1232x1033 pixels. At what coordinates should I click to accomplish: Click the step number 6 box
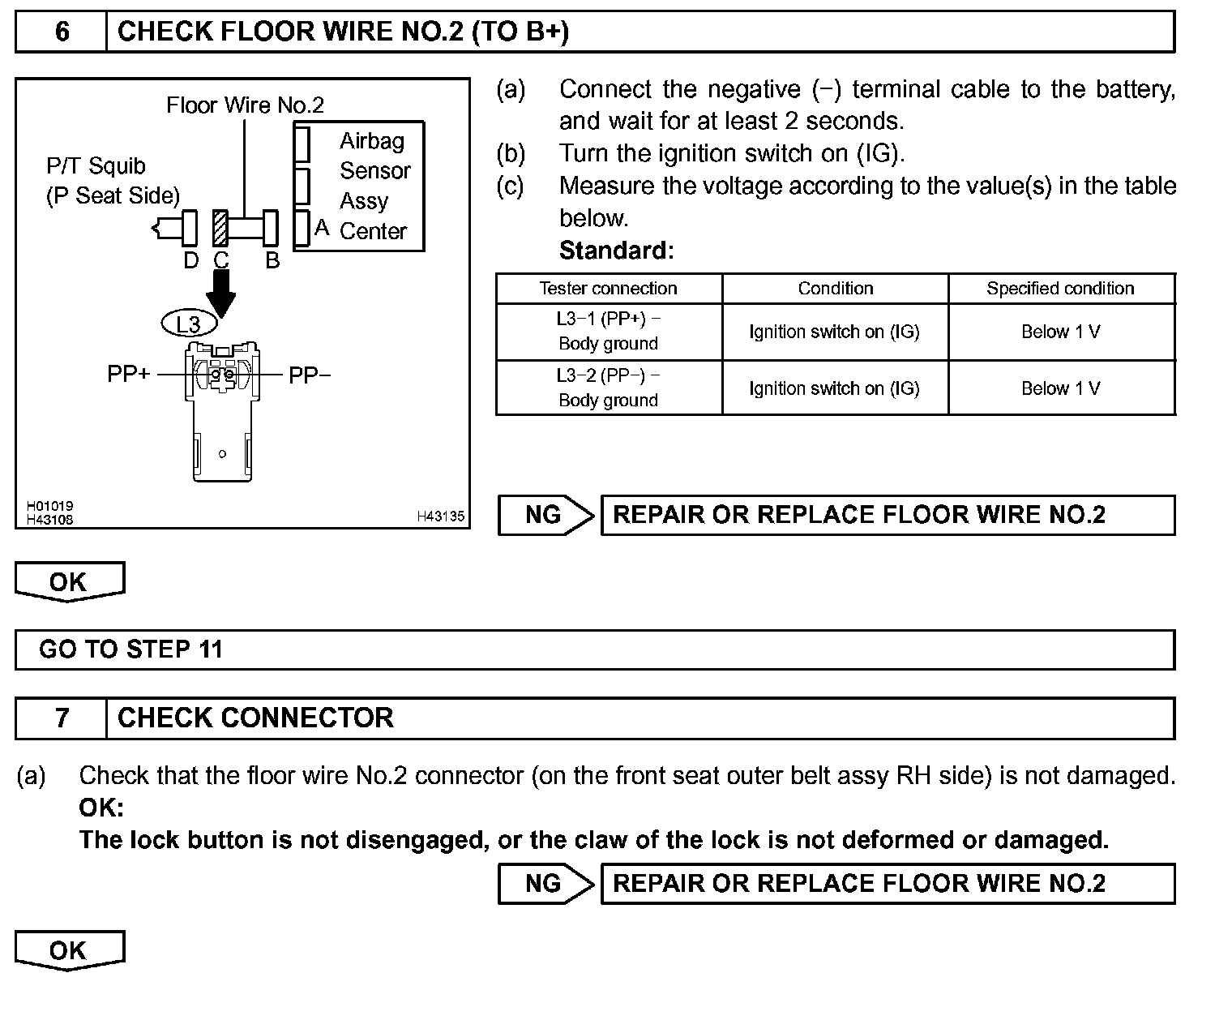(62, 32)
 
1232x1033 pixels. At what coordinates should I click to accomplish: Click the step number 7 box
(62, 718)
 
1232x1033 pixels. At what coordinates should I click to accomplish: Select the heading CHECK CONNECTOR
(255, 718)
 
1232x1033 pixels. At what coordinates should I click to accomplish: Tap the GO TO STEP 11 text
(130, 649)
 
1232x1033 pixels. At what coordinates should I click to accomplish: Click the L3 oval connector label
(189, 324)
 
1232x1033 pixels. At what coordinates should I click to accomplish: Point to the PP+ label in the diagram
(128, 375)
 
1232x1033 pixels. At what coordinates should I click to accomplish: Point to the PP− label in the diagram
(309, 375)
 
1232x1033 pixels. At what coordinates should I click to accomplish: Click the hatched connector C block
(220, 228)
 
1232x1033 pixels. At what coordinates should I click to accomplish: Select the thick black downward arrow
(220, 293)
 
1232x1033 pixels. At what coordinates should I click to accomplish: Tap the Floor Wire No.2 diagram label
(245, 105)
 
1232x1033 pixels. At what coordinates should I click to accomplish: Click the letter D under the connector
(190, 261)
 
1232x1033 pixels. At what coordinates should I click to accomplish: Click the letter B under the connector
(272, 261)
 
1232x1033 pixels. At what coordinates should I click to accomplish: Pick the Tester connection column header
(608, 289)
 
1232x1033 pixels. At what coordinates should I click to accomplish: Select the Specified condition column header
(1060, 289)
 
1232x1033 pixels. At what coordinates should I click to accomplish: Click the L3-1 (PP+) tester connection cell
(608, 331)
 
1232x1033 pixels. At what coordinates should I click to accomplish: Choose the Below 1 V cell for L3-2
(1060, 388)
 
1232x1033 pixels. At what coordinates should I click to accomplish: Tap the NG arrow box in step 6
(545, 515)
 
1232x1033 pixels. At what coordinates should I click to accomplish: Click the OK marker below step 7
(69, 950)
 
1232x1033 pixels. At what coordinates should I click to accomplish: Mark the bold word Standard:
(616, 251)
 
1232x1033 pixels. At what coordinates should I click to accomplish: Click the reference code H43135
(440, 516)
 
